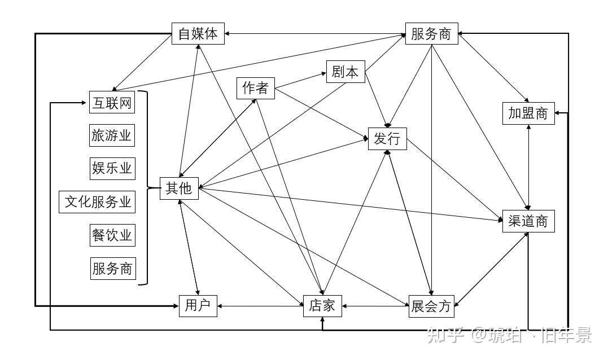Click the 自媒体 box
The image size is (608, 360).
click(x=198, y=33)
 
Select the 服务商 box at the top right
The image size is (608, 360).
click(x=431, y=34)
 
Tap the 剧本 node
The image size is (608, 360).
click(x=345, y=72)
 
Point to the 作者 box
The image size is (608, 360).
click(x=256, y=88)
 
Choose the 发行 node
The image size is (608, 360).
click(x=387, y=139)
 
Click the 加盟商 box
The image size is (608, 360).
click(x=528, y=113)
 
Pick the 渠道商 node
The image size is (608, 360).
click(x=528, y=221)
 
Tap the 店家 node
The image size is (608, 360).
click(x=322, y=305)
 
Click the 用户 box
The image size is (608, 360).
click(x=198, y=305)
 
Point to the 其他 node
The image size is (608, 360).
click(x=179, y=188)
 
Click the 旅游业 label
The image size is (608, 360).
click(x=112, y=135)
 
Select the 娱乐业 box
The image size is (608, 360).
click(x=112, y=168)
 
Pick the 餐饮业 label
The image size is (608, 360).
click(x=112, y=234)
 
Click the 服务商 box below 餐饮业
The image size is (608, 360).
click(x=112, y=268)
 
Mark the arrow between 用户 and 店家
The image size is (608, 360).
click(x=260, y=306)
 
